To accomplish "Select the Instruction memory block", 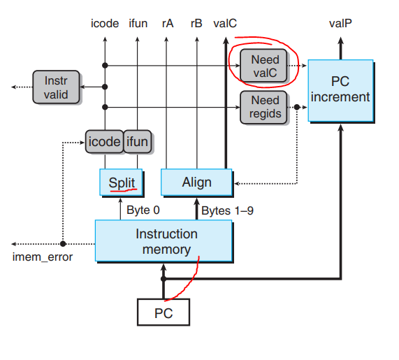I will pos(163,242).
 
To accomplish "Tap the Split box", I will pos(122,182).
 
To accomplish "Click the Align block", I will pos(196,182).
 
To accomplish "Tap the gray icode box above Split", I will pos(103,142).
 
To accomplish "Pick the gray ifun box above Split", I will pos(138,142).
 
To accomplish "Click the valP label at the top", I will pos(340,23).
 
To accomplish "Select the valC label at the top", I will pos(225,23).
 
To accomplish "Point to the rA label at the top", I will pos(168,23).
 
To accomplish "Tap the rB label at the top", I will pos(196,23).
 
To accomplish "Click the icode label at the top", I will pos(105,23).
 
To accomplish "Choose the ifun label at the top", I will pos(138,23).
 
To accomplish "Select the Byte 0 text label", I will pos(143,210).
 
